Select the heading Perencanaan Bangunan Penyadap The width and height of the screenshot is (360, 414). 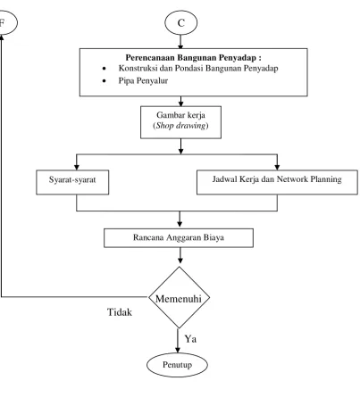click(193, 57)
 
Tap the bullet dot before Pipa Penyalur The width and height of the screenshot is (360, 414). click(104, 80)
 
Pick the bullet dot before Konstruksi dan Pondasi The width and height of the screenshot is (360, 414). click(104, 69)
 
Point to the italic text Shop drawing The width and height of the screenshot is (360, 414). click(180, 126)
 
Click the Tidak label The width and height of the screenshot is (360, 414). click(120, 312)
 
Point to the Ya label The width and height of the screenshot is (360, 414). click(190, 338)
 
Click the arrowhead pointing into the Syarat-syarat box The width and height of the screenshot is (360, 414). click(77, 167)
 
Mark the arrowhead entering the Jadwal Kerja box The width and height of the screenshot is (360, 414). click(277, 167)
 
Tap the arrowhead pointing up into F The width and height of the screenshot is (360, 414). click(2, 37)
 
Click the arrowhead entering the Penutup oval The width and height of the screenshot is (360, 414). click(178, 350)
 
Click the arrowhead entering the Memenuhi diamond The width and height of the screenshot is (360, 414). click(180, 260)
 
